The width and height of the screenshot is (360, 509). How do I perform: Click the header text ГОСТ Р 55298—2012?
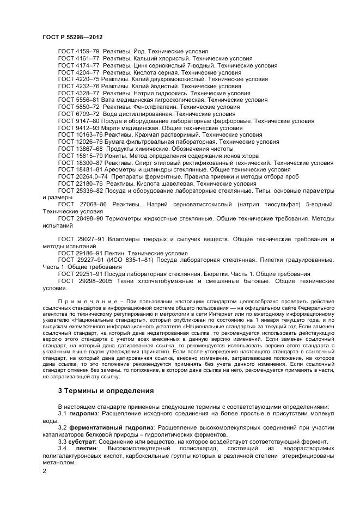(72, 36)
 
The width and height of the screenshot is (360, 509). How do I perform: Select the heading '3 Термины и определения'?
(106, 391)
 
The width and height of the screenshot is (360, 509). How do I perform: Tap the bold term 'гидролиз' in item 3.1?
(82, 414)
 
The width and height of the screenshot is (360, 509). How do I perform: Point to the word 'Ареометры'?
(120, 169)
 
